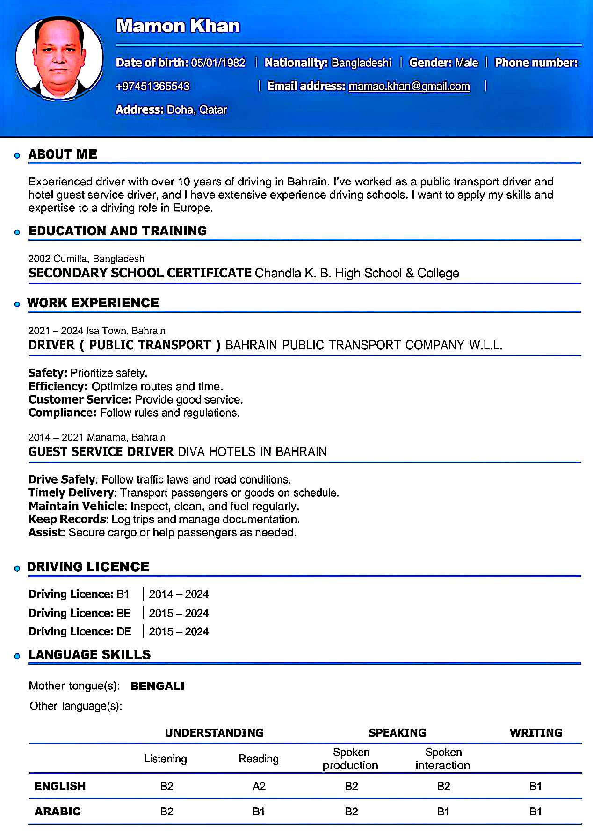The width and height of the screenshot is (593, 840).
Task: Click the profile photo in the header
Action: (59, 58)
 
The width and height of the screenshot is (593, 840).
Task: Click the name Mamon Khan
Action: (178, 26)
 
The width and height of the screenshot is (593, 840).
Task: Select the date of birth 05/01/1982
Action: (218, 63)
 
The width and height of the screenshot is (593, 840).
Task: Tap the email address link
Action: (409, 86)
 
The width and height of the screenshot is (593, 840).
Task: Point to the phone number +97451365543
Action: (152, 86)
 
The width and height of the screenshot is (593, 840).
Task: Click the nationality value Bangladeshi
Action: (361, 63)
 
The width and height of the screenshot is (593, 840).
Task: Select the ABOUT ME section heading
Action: (63, 154)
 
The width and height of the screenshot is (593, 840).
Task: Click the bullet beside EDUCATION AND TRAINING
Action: (17, 232)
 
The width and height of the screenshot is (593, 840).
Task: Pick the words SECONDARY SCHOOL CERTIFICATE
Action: (140, 273)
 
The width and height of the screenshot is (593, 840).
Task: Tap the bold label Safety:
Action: (48, 373)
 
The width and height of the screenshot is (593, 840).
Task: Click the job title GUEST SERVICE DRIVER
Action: (101, 452)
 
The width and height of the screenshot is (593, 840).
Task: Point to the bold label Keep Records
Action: (67, 519)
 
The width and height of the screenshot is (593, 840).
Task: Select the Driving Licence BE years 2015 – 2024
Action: (179, 613)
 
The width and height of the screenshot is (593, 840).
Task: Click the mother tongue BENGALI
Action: (157, 686)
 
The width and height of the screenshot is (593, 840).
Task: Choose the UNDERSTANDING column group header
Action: (214, 733)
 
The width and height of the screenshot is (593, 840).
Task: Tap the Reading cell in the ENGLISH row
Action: (259, 787)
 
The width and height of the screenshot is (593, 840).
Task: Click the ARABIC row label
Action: (58, 811)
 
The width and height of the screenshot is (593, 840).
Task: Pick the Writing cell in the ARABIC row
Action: (535, 811)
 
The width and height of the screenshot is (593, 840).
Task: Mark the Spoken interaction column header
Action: (443, 759)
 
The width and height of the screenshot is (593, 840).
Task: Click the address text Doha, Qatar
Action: (197, 110)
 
